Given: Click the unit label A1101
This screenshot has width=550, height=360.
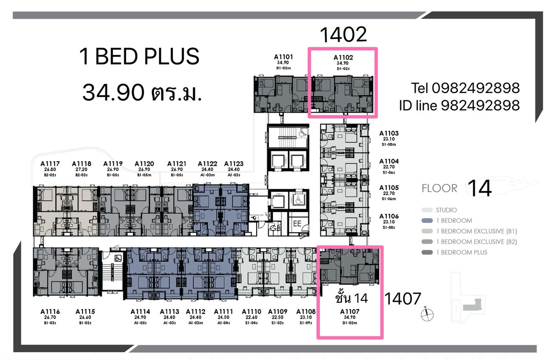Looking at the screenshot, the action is pos(283,57).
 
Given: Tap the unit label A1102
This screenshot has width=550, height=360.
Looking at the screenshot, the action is pos(343,57).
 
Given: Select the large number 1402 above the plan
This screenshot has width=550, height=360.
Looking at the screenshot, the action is pos(343,35).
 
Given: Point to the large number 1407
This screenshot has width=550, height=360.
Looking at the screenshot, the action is pos(403,299).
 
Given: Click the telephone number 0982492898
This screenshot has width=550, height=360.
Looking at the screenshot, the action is pos(476,88).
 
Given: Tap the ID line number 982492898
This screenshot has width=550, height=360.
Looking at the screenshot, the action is pos(480,105).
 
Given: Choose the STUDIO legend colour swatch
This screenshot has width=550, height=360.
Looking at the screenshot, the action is pos(427,210).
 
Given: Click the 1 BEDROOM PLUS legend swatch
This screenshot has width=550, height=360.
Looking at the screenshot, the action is pos(427,252).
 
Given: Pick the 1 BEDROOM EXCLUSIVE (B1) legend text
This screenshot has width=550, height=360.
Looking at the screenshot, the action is pos(477,231).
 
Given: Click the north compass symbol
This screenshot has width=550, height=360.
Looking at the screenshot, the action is pos(427,315).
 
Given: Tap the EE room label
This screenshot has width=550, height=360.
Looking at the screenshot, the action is pos(297,224).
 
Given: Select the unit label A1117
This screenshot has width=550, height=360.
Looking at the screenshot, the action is pos(50,164).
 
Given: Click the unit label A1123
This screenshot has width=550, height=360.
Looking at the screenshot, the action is pos(234,164).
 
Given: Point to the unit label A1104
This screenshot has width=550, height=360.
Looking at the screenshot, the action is pos(389,161).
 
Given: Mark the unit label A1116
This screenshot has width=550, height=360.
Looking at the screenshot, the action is pos(50,311).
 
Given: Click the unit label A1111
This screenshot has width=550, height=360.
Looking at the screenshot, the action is pos(223,311).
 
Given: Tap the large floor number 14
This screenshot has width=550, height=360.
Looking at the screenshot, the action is pos(479,188).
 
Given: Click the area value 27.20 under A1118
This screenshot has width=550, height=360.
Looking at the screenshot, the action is pos(81,169).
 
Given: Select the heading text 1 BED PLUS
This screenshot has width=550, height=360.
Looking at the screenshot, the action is pos(139,56).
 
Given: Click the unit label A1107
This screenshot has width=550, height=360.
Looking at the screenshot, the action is pos(350,311).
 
